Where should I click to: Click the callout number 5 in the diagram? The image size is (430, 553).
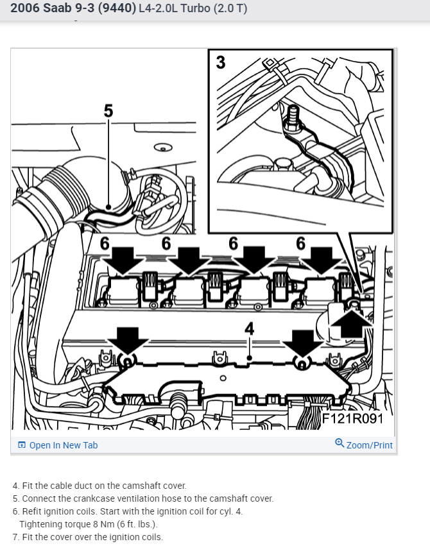point(108,111)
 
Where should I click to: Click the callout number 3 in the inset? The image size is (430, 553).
point(221,63)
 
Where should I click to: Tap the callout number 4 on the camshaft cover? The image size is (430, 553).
point(250,329)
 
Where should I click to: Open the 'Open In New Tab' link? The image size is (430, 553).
point(64,445)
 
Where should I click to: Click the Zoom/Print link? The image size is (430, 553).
point(369,445)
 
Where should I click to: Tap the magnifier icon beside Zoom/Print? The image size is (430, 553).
point(340,443)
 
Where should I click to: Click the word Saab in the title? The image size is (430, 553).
point(58,9)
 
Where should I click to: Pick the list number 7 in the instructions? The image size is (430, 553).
point(15,537)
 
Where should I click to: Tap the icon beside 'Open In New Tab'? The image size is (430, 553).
point(22,445)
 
